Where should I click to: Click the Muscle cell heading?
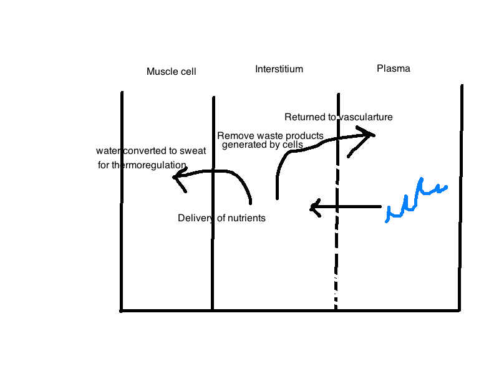tap(171, 72)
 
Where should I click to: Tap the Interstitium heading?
tap(279, 69)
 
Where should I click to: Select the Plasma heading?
tap(394, 69)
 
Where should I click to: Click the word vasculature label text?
tap(366, 117)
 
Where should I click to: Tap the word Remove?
tap(233, 136)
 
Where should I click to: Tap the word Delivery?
tap(195, 218)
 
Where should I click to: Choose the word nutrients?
tap(245, 218)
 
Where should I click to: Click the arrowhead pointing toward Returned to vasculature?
tap(368, 133)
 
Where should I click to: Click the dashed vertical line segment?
tap(336, 249)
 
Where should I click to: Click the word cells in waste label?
tap(291, 145)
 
